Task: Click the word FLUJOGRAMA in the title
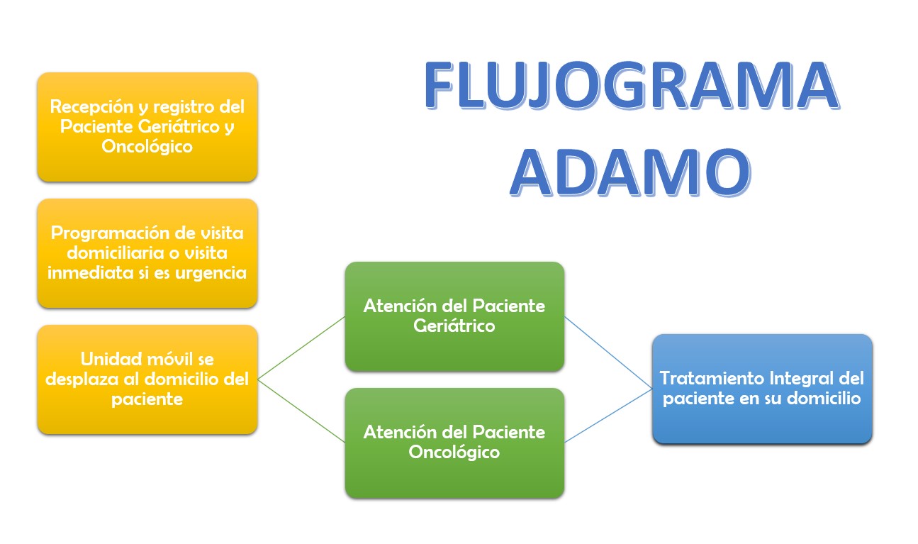(x=632, y=85)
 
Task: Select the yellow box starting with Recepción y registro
(x=147, y=127)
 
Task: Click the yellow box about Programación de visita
(x=147, y=253)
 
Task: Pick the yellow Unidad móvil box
(x=147, y=379)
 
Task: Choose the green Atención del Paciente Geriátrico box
(x=454, y=316)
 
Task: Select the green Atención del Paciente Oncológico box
(x=454, y=443)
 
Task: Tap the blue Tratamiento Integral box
(x=762, y=389)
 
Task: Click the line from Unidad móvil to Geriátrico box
(x=301, y=348)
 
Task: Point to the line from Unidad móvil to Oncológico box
(x=301, y=411)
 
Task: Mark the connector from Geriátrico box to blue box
(x=608, y=353)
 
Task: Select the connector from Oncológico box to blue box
(x=608, y=416)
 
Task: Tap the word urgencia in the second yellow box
(x=211, y=273)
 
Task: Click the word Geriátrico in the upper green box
(x=454, y=326)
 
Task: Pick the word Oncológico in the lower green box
(x=454, y=453)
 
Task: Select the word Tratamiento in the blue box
(x=712, y=378)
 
